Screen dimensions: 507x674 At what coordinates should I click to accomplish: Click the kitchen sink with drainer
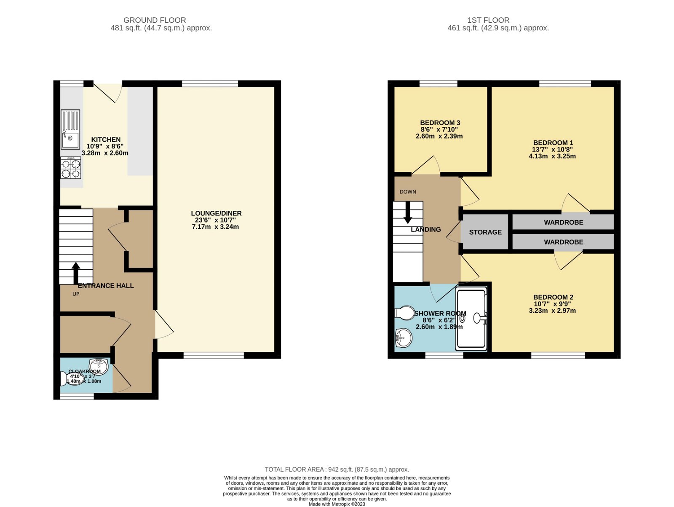70,129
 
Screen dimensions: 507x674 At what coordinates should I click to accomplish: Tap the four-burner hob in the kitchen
71,168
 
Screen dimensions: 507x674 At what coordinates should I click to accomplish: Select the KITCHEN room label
106,139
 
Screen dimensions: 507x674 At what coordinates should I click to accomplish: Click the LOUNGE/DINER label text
216,213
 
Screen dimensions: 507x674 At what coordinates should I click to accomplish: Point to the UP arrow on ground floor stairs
76,273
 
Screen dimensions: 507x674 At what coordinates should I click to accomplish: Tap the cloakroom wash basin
99,366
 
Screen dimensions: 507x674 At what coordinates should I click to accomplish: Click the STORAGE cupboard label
485,232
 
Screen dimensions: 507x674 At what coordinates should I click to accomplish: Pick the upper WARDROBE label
563,222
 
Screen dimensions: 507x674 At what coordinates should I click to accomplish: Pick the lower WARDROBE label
563,242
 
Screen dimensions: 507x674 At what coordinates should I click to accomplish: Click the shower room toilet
405,313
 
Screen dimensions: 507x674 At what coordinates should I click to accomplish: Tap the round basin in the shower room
404,338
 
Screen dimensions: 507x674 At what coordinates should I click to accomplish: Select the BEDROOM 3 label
440,123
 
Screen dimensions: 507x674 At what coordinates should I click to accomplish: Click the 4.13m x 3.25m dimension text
552,156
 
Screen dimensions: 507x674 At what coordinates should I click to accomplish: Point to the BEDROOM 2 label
553,297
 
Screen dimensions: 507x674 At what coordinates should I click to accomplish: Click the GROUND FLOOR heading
155,20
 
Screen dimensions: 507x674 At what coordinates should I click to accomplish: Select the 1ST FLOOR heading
488,20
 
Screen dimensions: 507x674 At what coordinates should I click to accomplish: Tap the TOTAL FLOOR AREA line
337,469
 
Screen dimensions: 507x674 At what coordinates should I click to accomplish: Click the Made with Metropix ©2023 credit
337,504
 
